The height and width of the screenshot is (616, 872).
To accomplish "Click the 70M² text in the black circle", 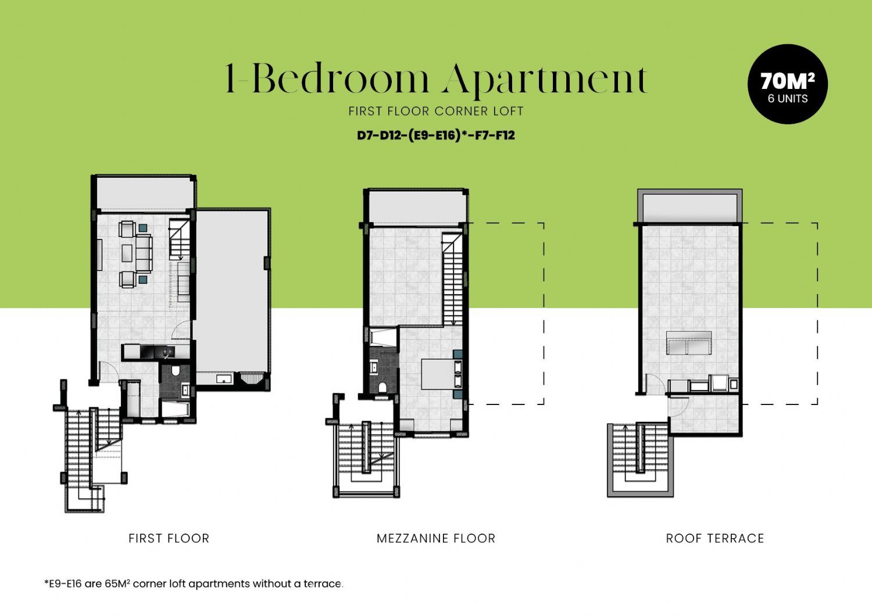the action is [x=788, y=81].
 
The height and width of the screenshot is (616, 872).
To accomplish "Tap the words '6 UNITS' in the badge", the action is [x=788, y=98].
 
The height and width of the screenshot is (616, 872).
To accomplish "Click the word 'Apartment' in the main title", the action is [x=545, y=80].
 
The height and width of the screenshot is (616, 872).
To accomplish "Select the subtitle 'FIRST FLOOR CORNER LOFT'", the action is [x=435, y=112].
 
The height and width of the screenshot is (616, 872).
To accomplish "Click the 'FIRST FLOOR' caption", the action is [x=169, y=538].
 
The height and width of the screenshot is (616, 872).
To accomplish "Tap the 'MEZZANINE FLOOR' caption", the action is [x=436, y=538].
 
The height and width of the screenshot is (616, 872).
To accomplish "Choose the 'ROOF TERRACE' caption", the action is [x=714, y=538].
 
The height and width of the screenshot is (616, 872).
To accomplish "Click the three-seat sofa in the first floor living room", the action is [x=144, y=253].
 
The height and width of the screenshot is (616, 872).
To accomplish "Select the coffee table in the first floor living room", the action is [x=127, y=253].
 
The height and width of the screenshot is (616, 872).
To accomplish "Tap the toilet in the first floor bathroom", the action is [x=175, y=370].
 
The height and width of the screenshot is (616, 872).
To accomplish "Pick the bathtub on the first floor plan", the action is [x=175, y=409].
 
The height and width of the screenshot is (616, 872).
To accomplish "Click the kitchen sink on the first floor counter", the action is [x=167, y=353].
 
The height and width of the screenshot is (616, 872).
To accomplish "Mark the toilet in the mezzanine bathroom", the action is [x=383, y=387].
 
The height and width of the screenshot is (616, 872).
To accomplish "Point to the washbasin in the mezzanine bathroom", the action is [x=374, y=367].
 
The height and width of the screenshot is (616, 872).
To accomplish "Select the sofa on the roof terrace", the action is [x=689, y=343].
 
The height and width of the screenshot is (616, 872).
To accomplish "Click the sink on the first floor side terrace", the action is [x=223, y=378].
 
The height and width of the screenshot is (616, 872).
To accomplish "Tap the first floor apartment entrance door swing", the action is [x=108, y=371].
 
